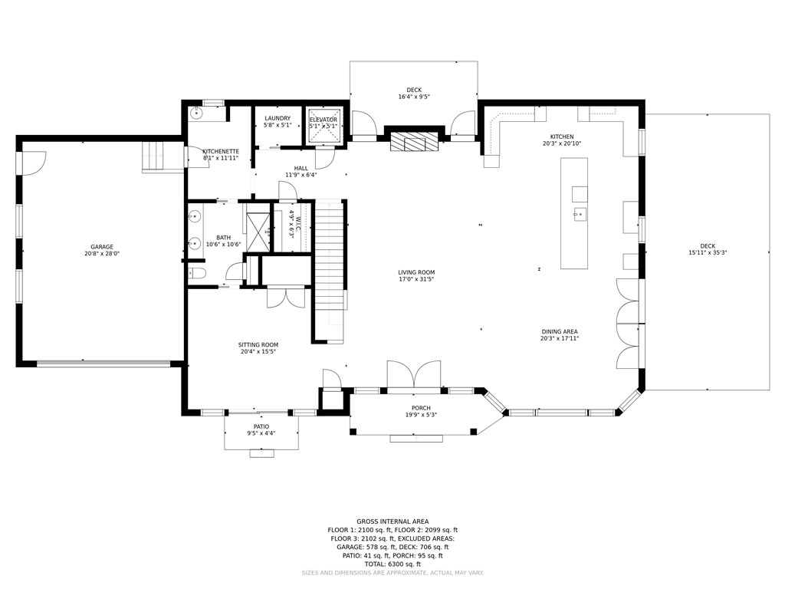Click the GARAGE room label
click(x=102, y=247)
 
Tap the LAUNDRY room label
click(x=278, y=118)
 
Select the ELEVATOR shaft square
click(x=324, y=127)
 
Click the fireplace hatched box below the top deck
click(x=408, y=141)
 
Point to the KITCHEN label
click(x=562, y=137)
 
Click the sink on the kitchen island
click(x=580, y=215)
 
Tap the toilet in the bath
click(x=197, y=274)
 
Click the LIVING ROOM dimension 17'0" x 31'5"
click(x=416, y=279)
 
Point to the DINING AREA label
click(x=560, y=331)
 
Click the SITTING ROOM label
click(x=258, y=344)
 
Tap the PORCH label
click(x=421, y=408)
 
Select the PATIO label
click(x=261, y=426)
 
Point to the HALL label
click(x=301, y=168)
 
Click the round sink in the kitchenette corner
click(x=197, y=114)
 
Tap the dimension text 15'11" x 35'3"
click(x=708, y=253)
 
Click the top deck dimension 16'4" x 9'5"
click(x=414, y=97)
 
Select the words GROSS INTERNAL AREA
click(x=392, y=522)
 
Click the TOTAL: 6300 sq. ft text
click(x=392, y=564)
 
